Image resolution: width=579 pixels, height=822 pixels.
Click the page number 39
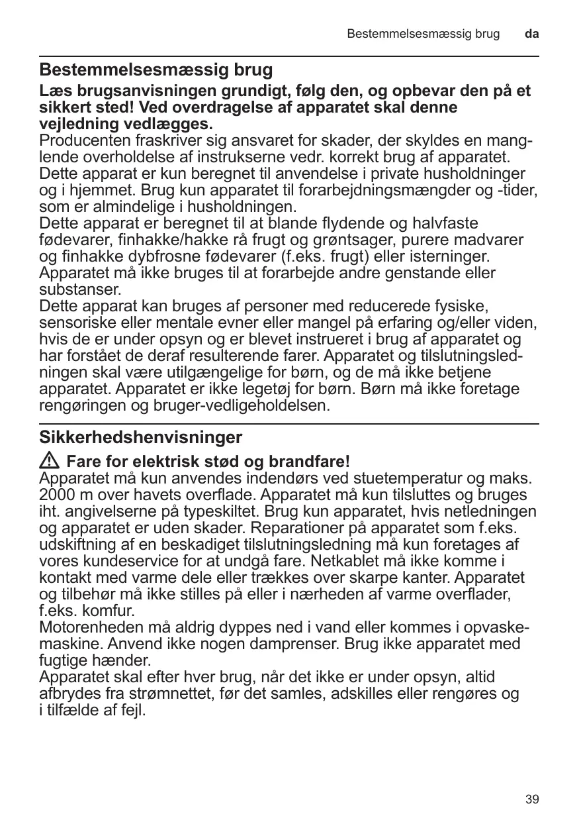pos(532,799)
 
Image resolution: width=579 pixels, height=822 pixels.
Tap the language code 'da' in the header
pos(531,33)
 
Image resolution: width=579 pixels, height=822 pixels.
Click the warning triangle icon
pos(50,460)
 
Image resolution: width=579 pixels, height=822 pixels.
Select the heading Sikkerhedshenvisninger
pos(141,438)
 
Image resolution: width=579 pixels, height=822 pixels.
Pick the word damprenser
pos(283,644)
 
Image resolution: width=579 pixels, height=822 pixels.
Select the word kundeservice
pos(118,561)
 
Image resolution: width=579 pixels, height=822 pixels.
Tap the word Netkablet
pos(355,561)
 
